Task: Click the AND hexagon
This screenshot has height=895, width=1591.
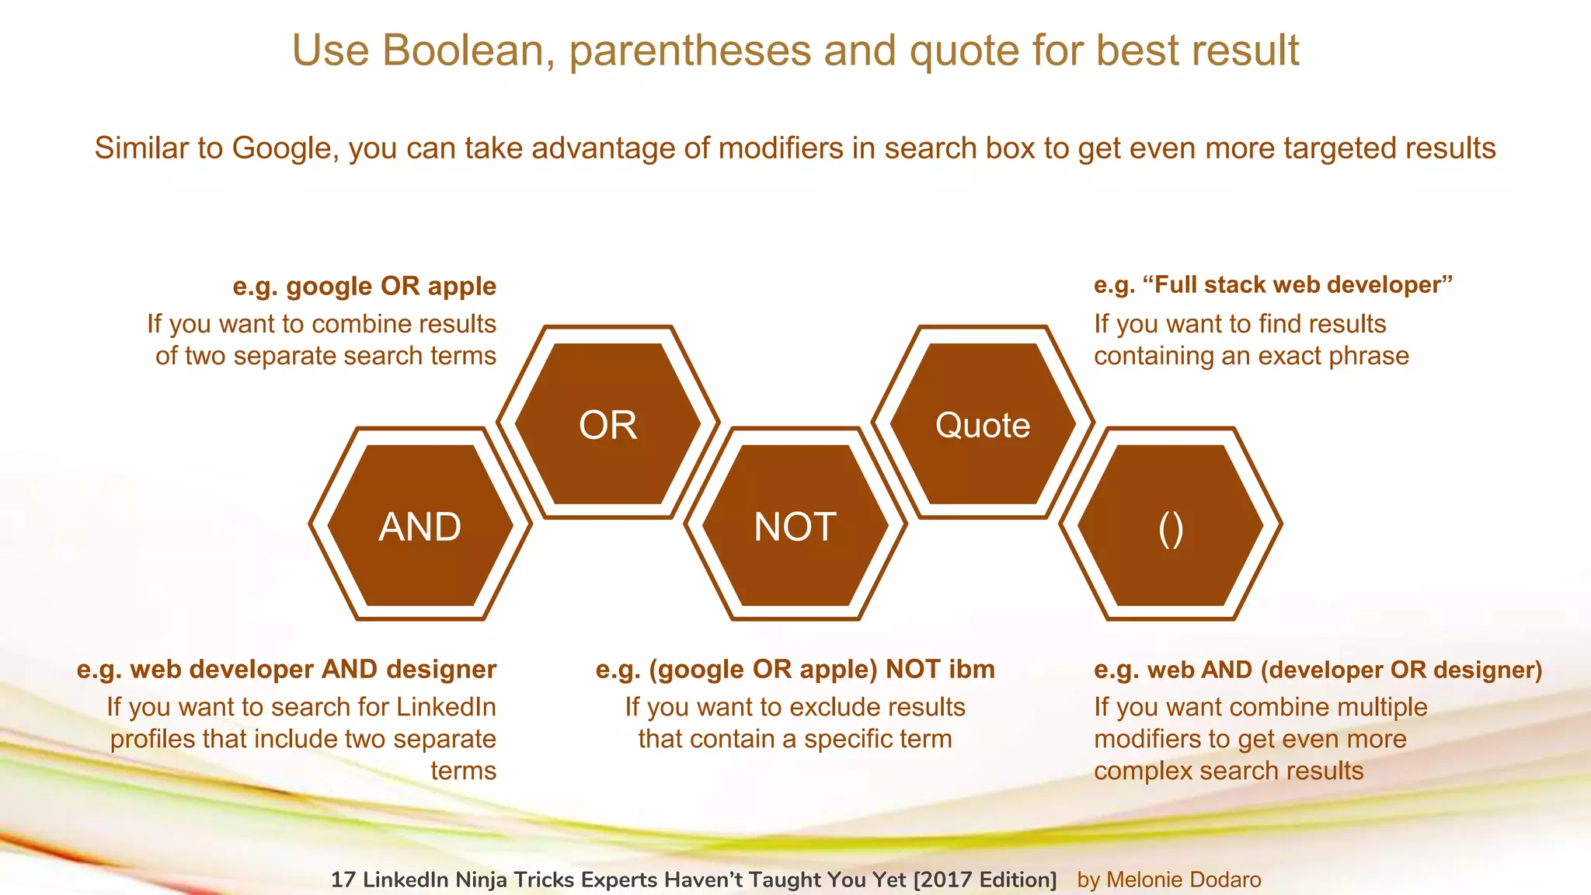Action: point(420,525)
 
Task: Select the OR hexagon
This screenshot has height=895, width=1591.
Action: point(608,424)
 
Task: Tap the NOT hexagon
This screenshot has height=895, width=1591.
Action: point(795,525)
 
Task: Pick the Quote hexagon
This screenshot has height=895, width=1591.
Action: point(983,424)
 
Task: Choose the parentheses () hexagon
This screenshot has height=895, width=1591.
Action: point(1170,525)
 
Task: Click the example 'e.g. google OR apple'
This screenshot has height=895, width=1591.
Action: point(364,286)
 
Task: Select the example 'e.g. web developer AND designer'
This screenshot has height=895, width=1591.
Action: point(286,669)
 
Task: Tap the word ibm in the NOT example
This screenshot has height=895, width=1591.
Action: point(971,669)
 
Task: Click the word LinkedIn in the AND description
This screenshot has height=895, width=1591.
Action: point(445,706)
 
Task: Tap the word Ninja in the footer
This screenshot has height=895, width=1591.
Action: point(485,879)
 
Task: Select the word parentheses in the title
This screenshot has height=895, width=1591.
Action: point(689,50)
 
